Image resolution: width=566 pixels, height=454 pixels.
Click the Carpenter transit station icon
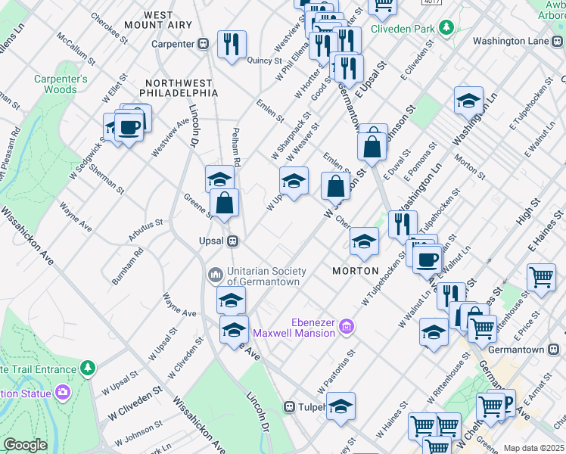(204, 44)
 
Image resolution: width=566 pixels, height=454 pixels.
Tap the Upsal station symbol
(234, 241)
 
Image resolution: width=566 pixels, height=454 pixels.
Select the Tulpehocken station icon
(289, 407)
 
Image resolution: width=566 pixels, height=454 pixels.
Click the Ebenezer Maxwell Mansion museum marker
(347, 327)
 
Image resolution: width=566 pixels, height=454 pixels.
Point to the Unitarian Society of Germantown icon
(215, 272)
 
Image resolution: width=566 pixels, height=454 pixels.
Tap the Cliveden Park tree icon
(446, 29)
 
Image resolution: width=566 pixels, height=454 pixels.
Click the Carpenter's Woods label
(61, 84)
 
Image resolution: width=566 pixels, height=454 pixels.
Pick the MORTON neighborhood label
(356, 271)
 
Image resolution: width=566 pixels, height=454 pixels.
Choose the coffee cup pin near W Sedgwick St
(128, 126)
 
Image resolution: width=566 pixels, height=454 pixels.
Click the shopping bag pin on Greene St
(225, 203)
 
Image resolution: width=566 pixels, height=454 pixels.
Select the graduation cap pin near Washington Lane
(468, 101)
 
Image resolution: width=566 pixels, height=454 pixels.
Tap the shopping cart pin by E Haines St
(541, 278)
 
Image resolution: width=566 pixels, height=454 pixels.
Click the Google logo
(25, 445)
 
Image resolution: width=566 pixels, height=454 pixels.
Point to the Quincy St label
(263, 61)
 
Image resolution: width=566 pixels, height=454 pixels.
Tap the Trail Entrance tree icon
(89, 368)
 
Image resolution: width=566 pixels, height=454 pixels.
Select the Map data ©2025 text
(533, 448)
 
